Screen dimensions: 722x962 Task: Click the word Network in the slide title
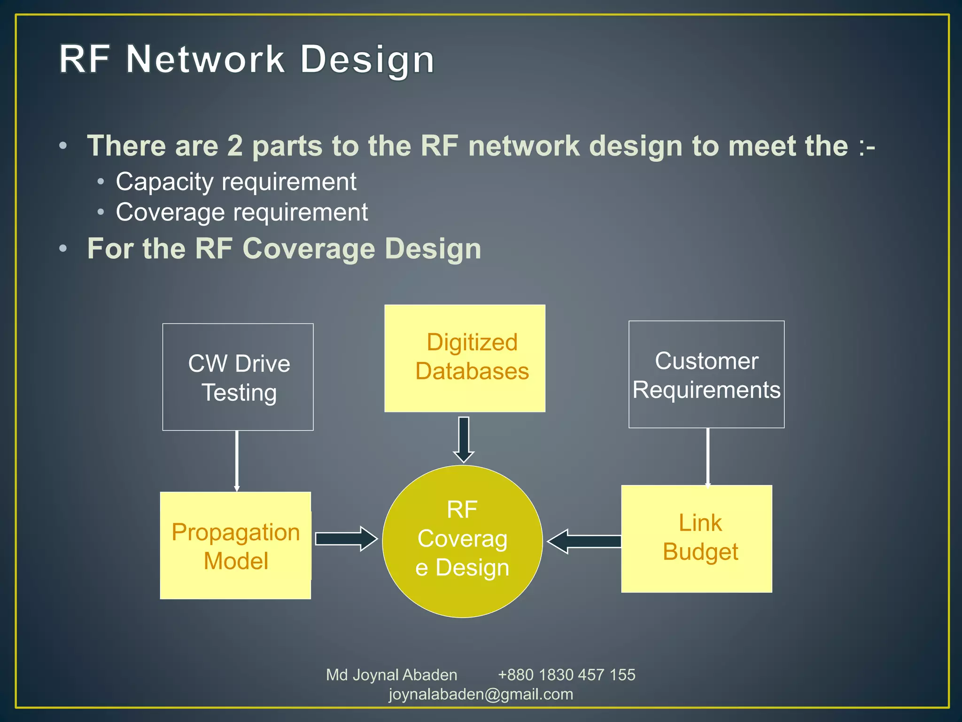pyautogui.click(x=205, y=60)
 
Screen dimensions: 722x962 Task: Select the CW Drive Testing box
pyautogui.click(x=238, y=377)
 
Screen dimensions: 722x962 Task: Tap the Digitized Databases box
pyautogui.click(x=465, y=358)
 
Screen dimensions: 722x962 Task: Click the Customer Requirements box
pyautogui.click(x=706, y=375)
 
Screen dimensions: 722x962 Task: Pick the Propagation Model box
pyautogui.click(x=235, y=546)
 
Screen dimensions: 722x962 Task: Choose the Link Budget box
pyautogui.click(x=696, y=539)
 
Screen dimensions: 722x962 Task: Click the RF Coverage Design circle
pyautogui.click(x=462, y=541)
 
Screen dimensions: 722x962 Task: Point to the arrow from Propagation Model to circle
pyautogui.click(x=346, y=539)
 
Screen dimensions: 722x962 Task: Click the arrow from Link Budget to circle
pyautogui.click(x=585, y=541)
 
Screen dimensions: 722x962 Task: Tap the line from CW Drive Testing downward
pyautogui.click(x=237, y=461)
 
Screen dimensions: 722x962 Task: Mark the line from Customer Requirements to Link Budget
pyautogui.click(x=707, y=456)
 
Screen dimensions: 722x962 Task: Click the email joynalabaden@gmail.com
pyautogui.click(x=481, y=694)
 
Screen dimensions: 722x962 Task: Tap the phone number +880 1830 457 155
pyautogui.click(x=566, y=675)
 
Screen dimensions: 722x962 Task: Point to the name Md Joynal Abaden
pyautogui.click(x=391, y=675)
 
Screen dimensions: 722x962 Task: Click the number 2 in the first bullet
pyautogui.click(x=235, y=146)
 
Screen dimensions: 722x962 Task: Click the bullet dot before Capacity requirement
pyautogui.click(x=101, y=182)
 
